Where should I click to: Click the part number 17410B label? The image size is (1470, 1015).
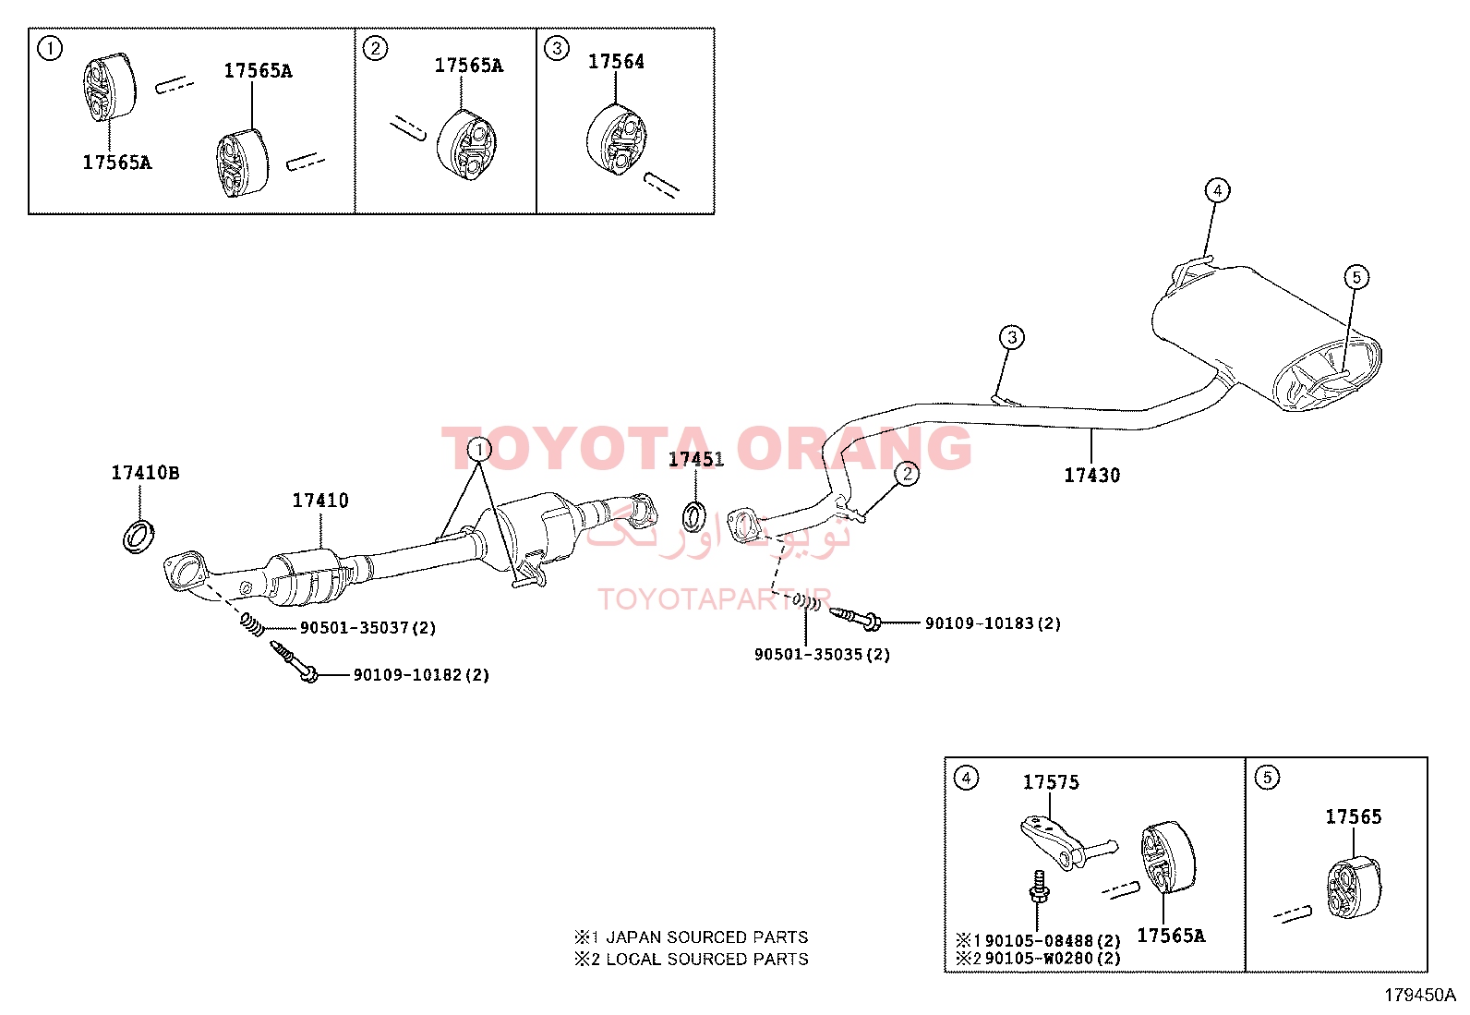point(145,473)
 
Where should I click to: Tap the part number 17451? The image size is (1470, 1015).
point(695,459)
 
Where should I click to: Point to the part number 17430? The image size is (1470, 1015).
point(1092,475)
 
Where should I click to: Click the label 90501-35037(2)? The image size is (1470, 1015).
point(368,628)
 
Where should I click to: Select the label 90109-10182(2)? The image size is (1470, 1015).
point(421,675)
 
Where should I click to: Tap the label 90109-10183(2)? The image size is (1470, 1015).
point(993,623)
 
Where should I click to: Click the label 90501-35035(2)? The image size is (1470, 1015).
point(823,655)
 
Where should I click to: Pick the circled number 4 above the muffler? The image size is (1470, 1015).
point(1217,190)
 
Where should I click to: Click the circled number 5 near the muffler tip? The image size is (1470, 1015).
point(1356,276)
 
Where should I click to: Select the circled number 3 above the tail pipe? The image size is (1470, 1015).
point(1012,337)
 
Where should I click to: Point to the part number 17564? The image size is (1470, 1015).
point(616,62)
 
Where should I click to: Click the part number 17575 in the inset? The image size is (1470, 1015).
point(1051,782)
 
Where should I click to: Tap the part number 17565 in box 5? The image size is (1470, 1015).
point(1353,816)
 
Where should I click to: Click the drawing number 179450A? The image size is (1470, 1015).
point(1420,996)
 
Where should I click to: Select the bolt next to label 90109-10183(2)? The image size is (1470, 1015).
point(854,618)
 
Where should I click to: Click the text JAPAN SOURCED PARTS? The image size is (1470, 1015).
point(706,936)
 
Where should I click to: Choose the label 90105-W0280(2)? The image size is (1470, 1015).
point(1053,959)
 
